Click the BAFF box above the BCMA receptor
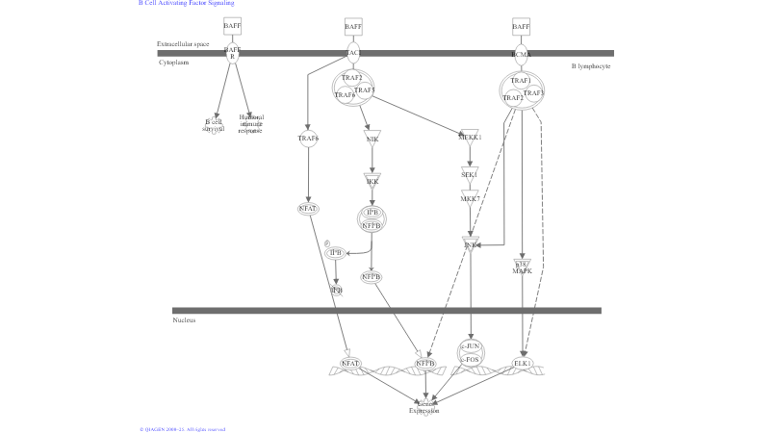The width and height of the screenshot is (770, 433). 521,26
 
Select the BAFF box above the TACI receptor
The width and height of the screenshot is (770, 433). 353,26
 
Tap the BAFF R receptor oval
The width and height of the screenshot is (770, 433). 232,53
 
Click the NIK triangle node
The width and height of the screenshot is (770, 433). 372,138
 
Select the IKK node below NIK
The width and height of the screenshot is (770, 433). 372,180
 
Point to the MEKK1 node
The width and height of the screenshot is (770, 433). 470,137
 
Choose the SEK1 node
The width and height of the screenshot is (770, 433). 470,173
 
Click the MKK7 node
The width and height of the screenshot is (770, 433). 470,198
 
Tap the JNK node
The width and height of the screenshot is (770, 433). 471,244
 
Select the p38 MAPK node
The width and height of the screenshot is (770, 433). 523,267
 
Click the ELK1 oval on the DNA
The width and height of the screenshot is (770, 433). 523,364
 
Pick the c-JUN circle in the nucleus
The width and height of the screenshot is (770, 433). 471,346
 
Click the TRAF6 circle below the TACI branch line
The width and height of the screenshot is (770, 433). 308,140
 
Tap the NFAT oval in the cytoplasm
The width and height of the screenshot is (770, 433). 308,208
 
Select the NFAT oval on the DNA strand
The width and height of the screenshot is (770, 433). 350,364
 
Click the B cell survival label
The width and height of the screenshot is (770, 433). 213,125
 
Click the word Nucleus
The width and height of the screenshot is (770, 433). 184,320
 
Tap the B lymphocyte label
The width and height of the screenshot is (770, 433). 590,66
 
